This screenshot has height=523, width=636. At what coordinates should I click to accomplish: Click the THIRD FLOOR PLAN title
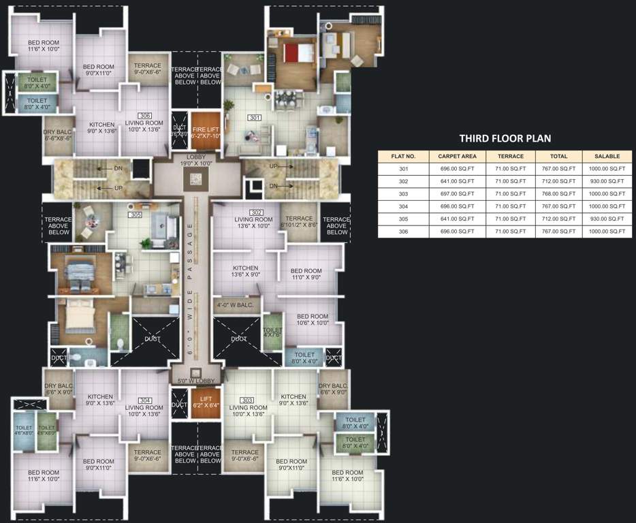(505, 138)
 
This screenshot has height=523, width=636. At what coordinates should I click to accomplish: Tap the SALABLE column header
(606, 157)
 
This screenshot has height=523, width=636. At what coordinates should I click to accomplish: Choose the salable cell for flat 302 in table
(606, 181)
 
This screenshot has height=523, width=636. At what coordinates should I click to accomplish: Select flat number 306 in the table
(404, 232)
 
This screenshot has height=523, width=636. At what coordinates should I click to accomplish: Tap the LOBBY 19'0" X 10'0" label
(196, 159)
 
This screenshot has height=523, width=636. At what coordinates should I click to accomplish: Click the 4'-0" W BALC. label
(235, 305)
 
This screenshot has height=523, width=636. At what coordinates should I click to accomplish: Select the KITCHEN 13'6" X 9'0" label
(245, 272)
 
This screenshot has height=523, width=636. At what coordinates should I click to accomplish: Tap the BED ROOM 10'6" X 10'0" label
(313, 319)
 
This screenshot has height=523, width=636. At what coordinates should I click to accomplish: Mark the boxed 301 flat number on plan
(255, 118)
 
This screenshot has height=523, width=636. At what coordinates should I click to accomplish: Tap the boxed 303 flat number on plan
(247, 400)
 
